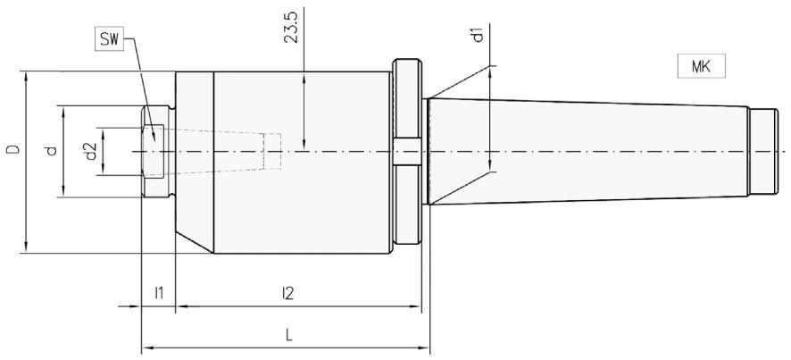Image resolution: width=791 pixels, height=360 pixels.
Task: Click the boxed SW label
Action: click(x=109, y=40)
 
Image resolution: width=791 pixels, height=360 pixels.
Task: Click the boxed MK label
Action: click(x=701, y=66)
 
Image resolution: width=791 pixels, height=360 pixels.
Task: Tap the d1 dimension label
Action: click(x=479, y=35)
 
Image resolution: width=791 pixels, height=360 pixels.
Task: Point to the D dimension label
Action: click(x=13, y=149)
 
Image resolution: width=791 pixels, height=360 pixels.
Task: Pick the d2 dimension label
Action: click(x=91, y=152)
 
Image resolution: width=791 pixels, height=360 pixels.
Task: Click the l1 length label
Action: click(x=159, y=293)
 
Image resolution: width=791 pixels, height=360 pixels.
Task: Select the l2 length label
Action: click(x=288, y=293)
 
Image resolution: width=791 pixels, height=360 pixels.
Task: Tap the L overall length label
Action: click(x=288, y=335)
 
